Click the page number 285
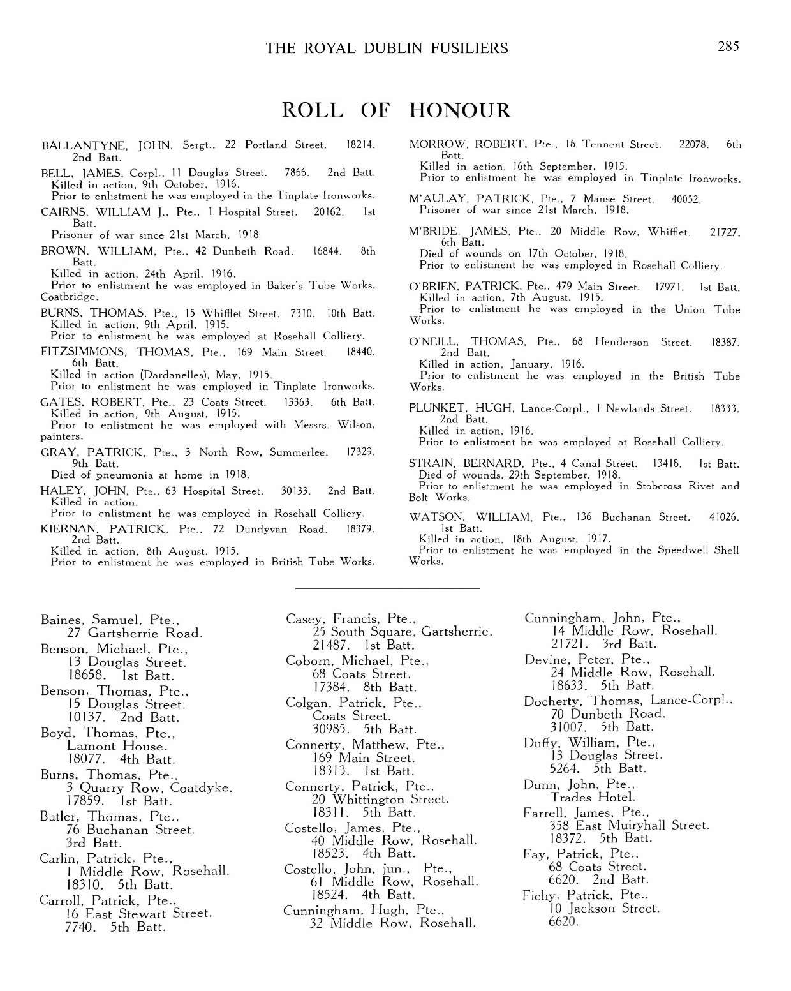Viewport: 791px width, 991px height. (x=728, y=46)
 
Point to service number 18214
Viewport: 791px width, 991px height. (x=359, y=145)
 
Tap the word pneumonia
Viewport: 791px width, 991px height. (x=123, y=475)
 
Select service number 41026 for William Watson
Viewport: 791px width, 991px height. (x=724, y=517)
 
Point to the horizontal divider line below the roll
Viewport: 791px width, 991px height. (x=388, y=588)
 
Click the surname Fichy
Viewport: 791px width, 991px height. (x=539, y=895)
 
